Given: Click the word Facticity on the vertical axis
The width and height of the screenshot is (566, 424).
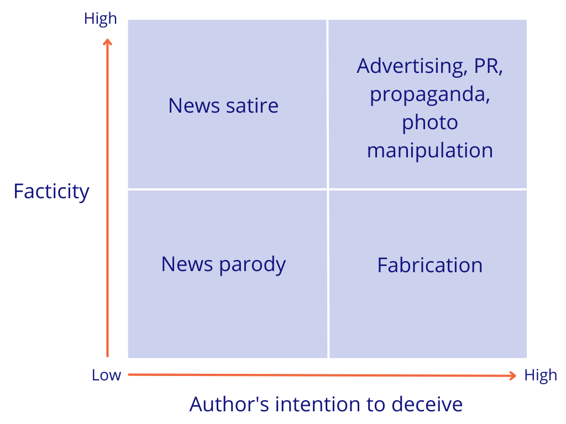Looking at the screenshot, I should pyautogui.click(x=51, y=192).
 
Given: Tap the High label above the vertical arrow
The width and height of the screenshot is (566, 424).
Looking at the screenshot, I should pyautogui.click(x=100, y=19).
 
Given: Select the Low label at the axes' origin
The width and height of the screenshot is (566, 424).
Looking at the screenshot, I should pyautogui.click(x=106, y=375).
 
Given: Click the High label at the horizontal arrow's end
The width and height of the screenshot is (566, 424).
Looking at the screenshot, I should pyautogui.click(x=540, y=375).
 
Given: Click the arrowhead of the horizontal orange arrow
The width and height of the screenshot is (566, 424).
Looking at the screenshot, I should pyautogui.click(x=513, y=375).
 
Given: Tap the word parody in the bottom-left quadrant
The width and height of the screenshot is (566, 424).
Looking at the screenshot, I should pyautogui.click(x=253, y=265).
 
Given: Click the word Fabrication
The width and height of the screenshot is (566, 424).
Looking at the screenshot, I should pyautogui.click(x=429, y=265).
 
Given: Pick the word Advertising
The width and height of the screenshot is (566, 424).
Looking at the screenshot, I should pyautogui.click(x=412, y=66).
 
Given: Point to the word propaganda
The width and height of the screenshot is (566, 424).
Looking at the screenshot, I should pyautogui.click(x=429, y=94).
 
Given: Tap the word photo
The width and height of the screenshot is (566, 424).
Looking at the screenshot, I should pyautogui.click(x=429, y=123).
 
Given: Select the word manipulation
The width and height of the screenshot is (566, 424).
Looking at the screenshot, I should pyautogui.click(x=429, y=150).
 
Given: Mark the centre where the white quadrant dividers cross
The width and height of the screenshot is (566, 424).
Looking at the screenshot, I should pyautogui.click(x=328, y=189).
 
